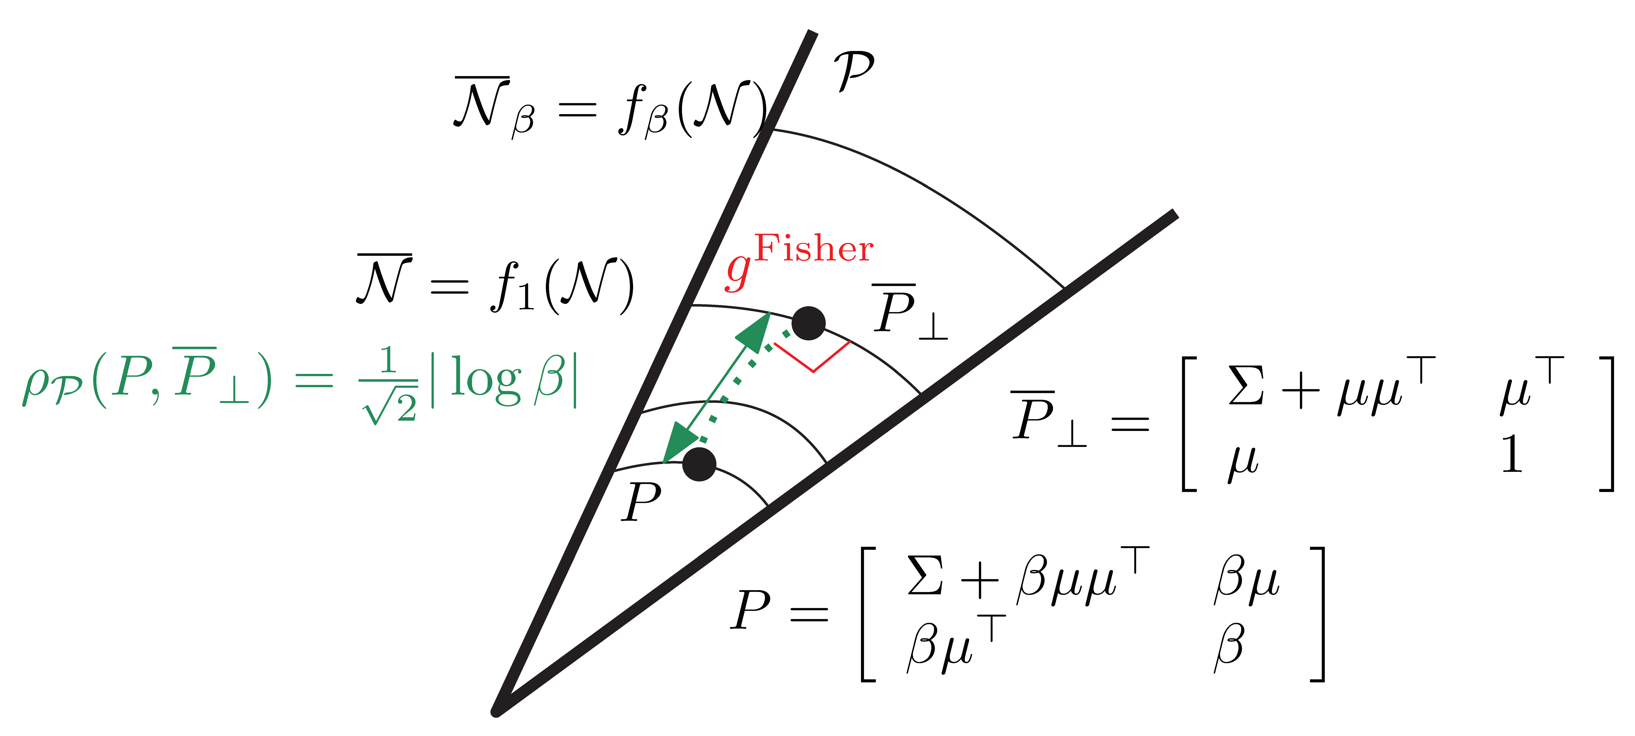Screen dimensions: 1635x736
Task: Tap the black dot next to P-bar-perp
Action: [808, 323]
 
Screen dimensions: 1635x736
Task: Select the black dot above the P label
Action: [699, 464]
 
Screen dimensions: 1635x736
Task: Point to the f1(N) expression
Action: [562, 285]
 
